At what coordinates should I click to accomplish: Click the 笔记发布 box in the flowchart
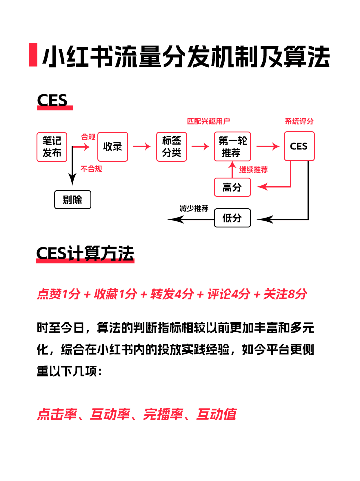tap(52, 147)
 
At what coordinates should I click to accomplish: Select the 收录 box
tap(113, 147)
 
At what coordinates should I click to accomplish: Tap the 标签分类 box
tap(171, 147)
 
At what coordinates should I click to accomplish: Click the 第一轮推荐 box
tap(232, 147)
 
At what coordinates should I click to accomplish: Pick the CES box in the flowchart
tap(299, 146)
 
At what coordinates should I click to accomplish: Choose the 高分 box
tap(232, 187)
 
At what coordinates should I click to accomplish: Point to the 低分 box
tap(232, 218)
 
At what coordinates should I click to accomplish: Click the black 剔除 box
tap(73, 200)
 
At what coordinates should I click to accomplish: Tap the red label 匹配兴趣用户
tap(208, 121)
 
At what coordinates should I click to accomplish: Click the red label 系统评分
tap(299, 121)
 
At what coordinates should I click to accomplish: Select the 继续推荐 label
tap(253, 170)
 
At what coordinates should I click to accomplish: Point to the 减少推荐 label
tap(194, 209)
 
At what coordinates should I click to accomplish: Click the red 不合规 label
tap(91, 169)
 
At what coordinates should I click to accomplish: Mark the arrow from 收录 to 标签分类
tap(142, 146)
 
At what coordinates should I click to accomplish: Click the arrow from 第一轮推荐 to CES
tap(268, 146)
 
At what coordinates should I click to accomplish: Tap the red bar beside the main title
tap(33, 55)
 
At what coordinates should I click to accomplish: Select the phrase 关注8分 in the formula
tap(285, 294)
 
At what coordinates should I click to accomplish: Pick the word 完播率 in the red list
tap(163, 414)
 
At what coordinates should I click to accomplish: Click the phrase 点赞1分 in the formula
tap(59, 294)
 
